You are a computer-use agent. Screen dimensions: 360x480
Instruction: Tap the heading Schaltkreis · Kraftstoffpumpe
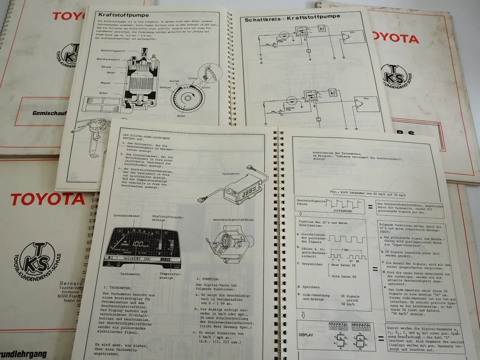tap(292, 18)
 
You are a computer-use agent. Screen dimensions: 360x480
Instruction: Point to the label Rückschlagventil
tap(113, 50)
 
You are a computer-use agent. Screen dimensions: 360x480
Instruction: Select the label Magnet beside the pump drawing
tap(105, 83)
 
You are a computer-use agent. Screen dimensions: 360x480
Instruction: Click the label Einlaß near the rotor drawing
tap(193, 78)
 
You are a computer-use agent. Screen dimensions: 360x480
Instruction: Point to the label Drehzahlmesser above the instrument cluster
tap(121, 216)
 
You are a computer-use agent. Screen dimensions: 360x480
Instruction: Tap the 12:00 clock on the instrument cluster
tap(165, 259)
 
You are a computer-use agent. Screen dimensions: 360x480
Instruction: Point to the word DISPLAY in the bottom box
tap(306, 335)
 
